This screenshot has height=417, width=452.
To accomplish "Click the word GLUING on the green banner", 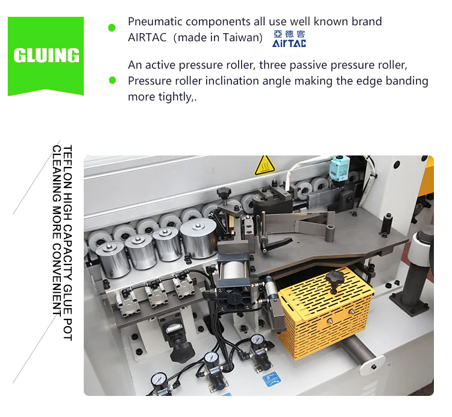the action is pos(46,55).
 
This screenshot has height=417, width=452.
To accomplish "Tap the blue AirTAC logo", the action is pos(289,39).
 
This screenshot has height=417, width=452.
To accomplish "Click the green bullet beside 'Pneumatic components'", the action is pos(112,28).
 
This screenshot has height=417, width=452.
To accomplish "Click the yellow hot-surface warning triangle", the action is pos(265,166).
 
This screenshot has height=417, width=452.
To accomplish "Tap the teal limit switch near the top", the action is pos(339,169).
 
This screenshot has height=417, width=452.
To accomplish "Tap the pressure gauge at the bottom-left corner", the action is pos(159,380).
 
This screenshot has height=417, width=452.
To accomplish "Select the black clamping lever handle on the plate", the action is pos(276,243).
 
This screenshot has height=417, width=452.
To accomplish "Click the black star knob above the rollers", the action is pos(224,193).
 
